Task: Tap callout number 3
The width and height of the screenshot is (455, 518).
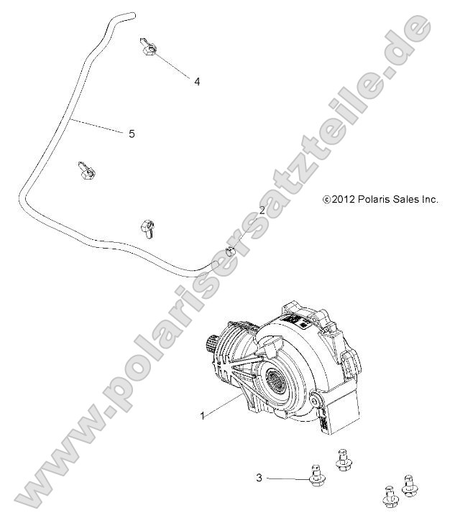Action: [259, 476]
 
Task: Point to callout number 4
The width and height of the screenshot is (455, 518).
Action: [197, 81]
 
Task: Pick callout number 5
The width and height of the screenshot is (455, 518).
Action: [132, 133]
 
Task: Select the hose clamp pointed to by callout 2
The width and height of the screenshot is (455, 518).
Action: [231, 251]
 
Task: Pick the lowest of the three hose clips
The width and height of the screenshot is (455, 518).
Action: [147, 228]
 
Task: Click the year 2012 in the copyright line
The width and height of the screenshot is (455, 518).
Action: [341, 200]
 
